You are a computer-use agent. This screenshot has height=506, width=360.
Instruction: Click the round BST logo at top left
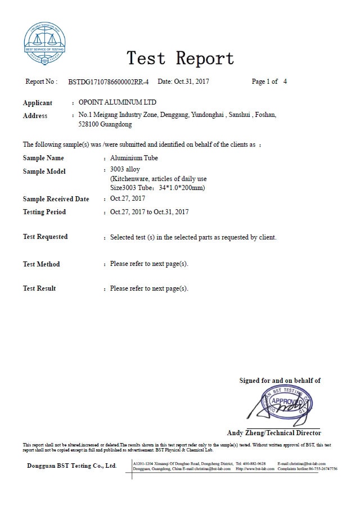click(x=45, y=40)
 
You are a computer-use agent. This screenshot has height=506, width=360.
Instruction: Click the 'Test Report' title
click(x=179, y=57)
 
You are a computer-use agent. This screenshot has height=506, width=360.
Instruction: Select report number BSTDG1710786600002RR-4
click(x=109, y=82)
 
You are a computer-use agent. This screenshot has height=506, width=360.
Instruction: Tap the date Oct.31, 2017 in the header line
click(x=191, y=82)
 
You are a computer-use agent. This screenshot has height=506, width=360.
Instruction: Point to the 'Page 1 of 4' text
click(x=269, y=82)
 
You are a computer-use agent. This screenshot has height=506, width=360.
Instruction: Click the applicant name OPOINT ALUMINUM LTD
click(x=118, y=102)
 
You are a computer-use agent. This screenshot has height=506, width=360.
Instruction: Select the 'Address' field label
click(x=35, y=116)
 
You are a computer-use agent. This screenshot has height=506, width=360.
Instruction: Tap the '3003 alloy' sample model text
click(x=125, y=169)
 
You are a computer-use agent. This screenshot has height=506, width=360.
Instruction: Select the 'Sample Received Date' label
click(x=56, y=199)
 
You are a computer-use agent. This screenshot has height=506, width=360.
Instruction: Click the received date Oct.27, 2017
click(x=128, y=199)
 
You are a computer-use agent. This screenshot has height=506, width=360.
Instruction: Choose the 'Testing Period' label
click(x=44, y=212)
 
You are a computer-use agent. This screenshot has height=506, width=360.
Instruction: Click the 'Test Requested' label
click(x=45, y=237)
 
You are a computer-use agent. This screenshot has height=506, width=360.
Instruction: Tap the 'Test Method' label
click(x=41, y=264)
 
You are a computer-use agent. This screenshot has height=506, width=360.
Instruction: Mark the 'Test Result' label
click(x=39, y=288)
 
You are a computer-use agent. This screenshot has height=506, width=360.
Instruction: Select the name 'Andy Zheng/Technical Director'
click(x=274, y=433)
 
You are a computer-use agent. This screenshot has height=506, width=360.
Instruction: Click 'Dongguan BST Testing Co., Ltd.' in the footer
click(x=72, y=466)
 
